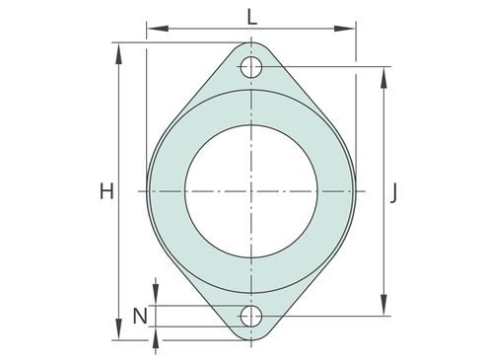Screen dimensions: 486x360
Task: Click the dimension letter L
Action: pyautogui.click(x=251, y=17)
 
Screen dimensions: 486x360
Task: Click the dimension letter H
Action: pyautogui.click(x=106, y=191)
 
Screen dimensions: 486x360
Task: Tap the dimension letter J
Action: pyautogui.click(x=393, y=193)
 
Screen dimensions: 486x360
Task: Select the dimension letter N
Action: pyautogui.click(x=140, y=317)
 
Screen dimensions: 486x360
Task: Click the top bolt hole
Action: pyautogui.click(x=251, y=67)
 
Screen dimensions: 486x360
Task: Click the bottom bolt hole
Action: pyautogui.click(x=251, y=317)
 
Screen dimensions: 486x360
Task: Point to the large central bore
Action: pyautogui.click(x=251, y=191)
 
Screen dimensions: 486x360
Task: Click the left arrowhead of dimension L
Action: pyautogui.click(x=158, y=29)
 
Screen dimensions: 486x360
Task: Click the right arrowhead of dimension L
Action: pyautogui.click(x=345, y=29)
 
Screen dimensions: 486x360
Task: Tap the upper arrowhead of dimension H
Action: pyautogui.click(x=119, y=53)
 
